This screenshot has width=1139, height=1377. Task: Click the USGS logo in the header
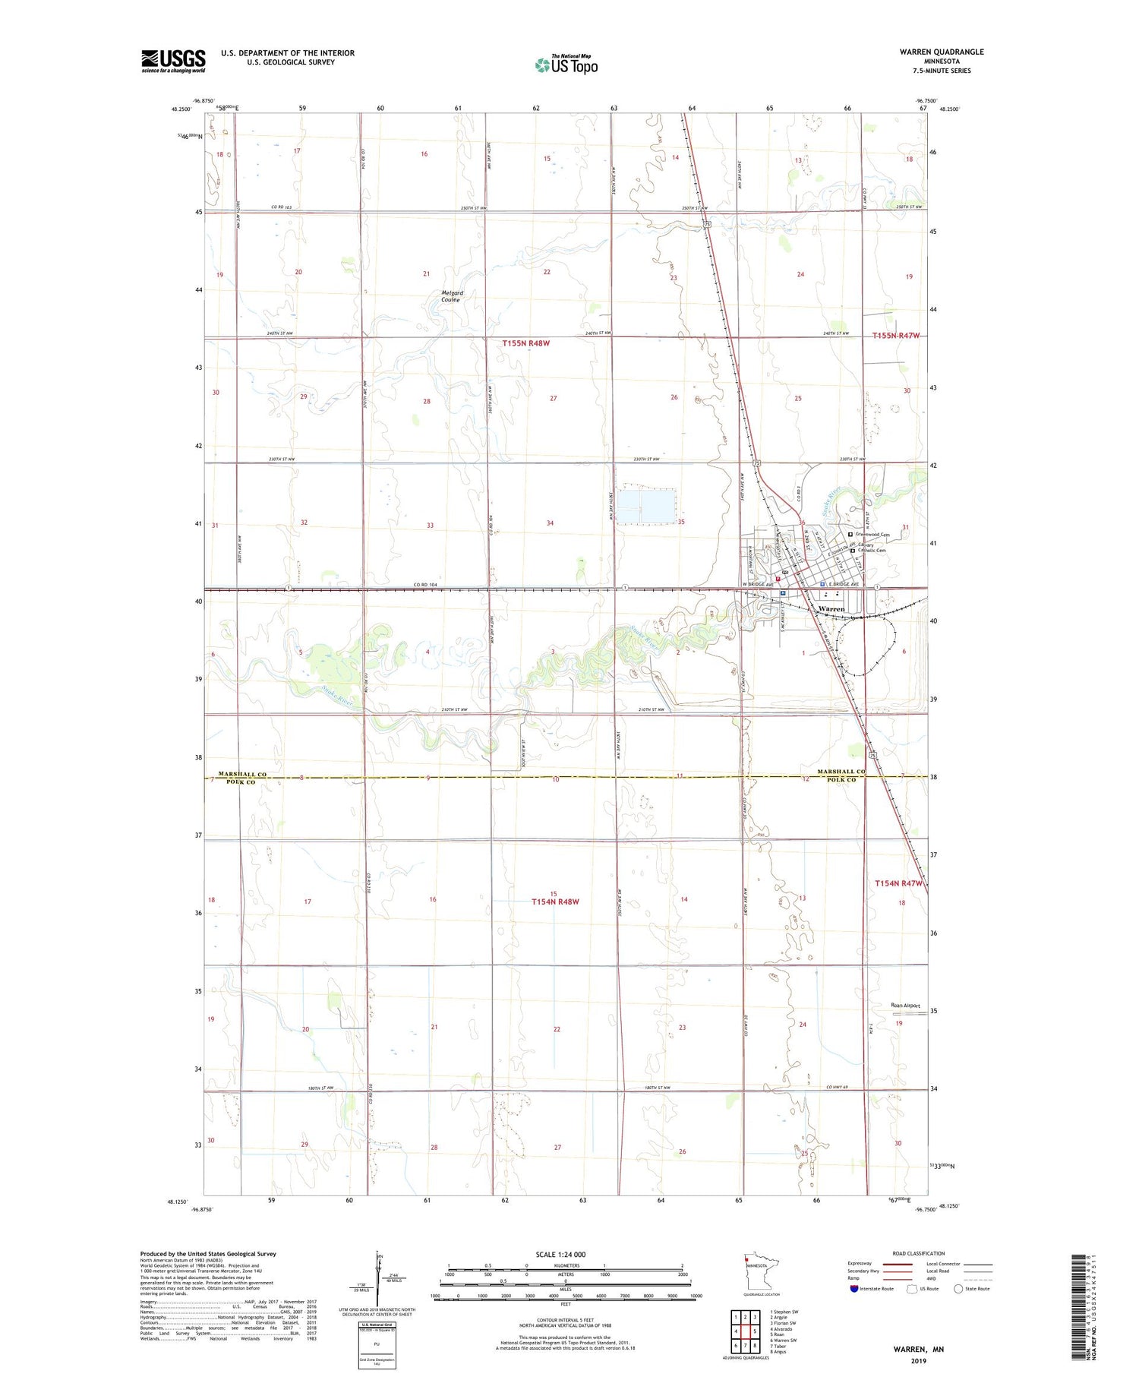click(173, 61)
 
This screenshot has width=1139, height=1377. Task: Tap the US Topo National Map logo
click(566, 65)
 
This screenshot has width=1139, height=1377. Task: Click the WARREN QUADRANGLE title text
click(941, 52)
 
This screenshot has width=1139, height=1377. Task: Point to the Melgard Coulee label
click(452, 296)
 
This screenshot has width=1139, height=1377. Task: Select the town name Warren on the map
click(831, 609)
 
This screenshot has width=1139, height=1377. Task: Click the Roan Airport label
click(905, 1006)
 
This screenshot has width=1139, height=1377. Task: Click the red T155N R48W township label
click(525, 343)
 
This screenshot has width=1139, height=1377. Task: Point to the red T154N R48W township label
click(555, 902)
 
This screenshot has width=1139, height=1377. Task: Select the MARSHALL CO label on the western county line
click(242, 774)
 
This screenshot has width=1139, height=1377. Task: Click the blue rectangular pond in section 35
click(646, 506)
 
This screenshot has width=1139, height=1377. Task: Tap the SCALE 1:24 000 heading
click(565, 1254)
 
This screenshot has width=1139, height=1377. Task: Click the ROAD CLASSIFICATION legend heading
click(919, 1253)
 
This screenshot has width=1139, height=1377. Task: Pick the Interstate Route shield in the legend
click(854, 1289)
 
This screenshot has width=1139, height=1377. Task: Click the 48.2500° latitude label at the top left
click(181, 109)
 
